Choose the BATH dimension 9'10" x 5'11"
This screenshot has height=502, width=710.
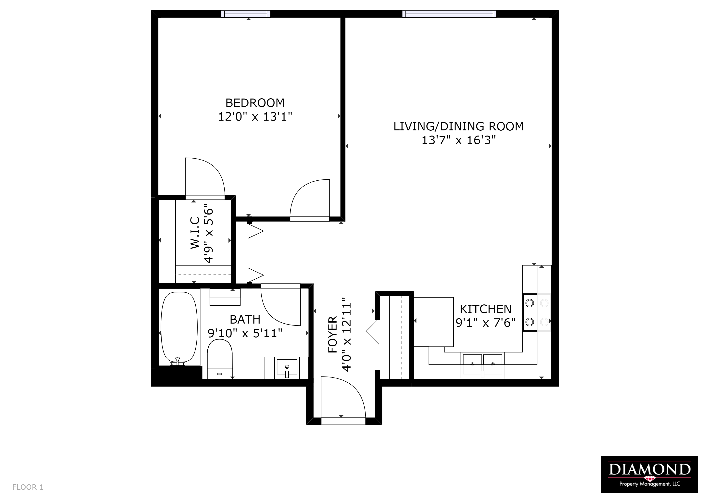(x=245, y=333)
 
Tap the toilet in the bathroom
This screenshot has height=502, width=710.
(x=220, y=359)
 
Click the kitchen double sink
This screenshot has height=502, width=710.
(x=482, y=360)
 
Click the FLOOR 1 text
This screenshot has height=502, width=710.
(x=28, y=487)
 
